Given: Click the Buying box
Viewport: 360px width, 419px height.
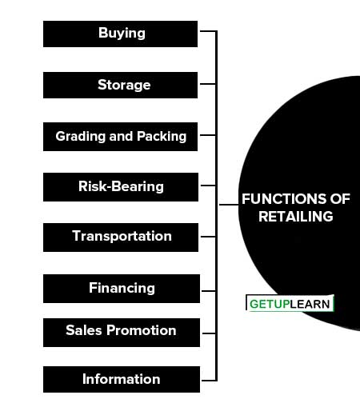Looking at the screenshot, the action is (120, 34).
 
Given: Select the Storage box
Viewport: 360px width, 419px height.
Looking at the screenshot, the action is (120, 85).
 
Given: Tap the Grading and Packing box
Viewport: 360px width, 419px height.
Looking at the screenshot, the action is (120, 137).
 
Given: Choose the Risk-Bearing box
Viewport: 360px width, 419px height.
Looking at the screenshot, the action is (121, 187).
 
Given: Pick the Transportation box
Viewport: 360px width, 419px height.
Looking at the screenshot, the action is (121, 237).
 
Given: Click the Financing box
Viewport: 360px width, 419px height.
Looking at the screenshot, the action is (122, 289).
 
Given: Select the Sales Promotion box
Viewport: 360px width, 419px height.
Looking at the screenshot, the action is (122, 333).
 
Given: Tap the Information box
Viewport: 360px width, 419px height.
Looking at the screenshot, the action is (122, 380).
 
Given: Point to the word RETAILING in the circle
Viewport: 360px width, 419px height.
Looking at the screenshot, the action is (296, 217).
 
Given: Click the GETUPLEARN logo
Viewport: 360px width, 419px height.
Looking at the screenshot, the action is (290, 303).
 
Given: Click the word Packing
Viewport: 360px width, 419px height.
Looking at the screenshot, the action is (162, 137).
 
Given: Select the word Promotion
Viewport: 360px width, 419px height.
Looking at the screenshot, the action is (142, 330).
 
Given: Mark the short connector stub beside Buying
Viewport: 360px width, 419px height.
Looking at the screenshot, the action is (208, 31).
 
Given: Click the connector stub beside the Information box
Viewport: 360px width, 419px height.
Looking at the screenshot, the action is (209, 380).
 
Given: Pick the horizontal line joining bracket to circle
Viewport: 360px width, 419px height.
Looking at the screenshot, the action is (229, 205).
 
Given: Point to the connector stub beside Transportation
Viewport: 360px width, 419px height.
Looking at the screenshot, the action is (208, 237).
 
